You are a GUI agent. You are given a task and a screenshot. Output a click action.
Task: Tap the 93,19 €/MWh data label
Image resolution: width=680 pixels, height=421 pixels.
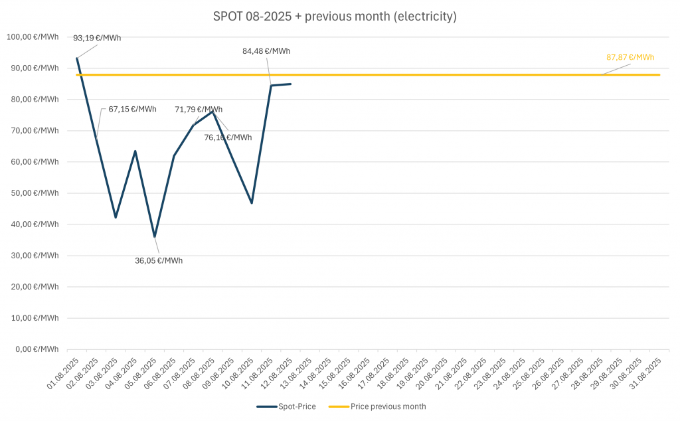[97, 38]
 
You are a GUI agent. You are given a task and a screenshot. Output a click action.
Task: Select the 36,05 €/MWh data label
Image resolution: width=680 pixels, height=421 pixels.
[159, 260]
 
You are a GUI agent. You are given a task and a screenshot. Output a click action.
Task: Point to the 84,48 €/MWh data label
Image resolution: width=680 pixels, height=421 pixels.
[266, 50]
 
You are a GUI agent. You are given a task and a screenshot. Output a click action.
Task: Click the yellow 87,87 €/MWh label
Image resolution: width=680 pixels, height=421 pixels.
[630, 57]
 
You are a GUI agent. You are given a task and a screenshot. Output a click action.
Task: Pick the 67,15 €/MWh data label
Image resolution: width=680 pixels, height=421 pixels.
[133, 109]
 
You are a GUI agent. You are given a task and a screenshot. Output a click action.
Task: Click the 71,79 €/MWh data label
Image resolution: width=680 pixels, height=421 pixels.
[199, 110]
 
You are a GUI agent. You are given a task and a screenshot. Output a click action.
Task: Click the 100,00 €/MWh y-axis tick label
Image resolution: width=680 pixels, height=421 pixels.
[32, 37]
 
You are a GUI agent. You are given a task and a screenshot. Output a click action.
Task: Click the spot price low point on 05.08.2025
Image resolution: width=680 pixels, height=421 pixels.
[155, 236]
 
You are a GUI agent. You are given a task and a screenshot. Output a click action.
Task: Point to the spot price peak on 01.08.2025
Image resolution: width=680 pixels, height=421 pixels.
[77, 58]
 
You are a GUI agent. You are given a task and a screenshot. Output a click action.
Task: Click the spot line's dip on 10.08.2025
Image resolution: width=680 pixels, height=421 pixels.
[252, 203]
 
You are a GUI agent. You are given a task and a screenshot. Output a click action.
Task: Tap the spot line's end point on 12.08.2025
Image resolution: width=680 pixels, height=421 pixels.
[290, 84]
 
